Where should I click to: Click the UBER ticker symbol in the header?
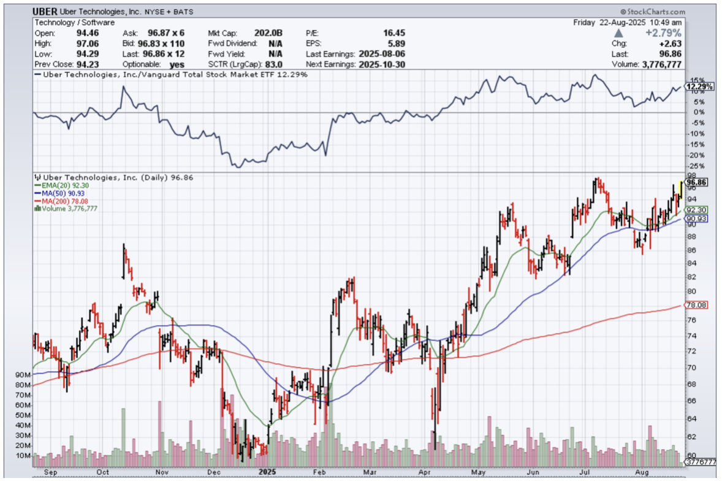click(45, 12)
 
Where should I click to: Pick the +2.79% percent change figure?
click(665, 33)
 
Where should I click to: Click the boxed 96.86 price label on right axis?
click(697, 182)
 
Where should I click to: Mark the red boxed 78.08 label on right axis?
click(697, 306)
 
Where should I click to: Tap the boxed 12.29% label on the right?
click(699, 87)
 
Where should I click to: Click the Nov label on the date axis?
click(162, 472)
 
